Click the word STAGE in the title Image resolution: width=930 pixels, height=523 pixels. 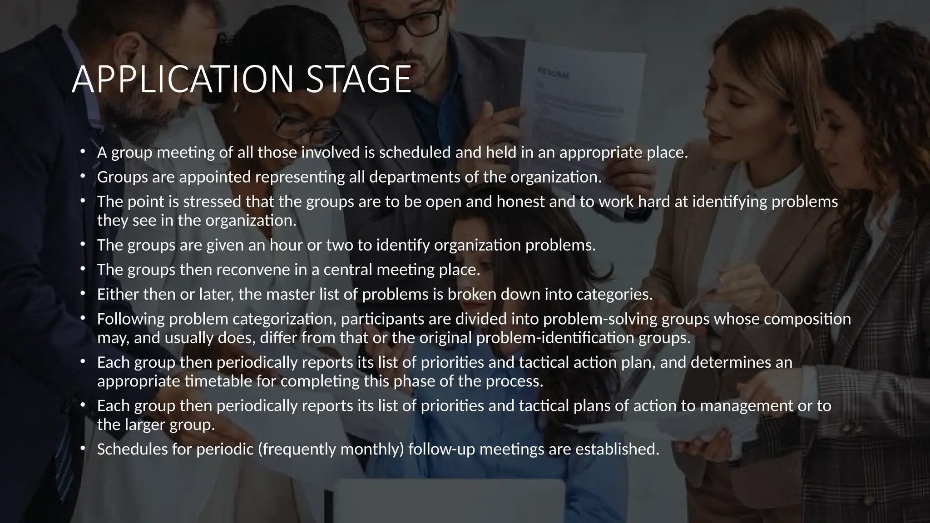(x=359, y=79)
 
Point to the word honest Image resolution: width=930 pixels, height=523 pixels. (x=520, y=202)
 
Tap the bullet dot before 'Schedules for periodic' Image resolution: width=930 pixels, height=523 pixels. (x=82, y=448)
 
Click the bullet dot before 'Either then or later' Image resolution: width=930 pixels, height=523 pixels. (x=82, y=293)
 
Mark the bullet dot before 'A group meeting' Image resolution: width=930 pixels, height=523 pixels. (x=82, y=152)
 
